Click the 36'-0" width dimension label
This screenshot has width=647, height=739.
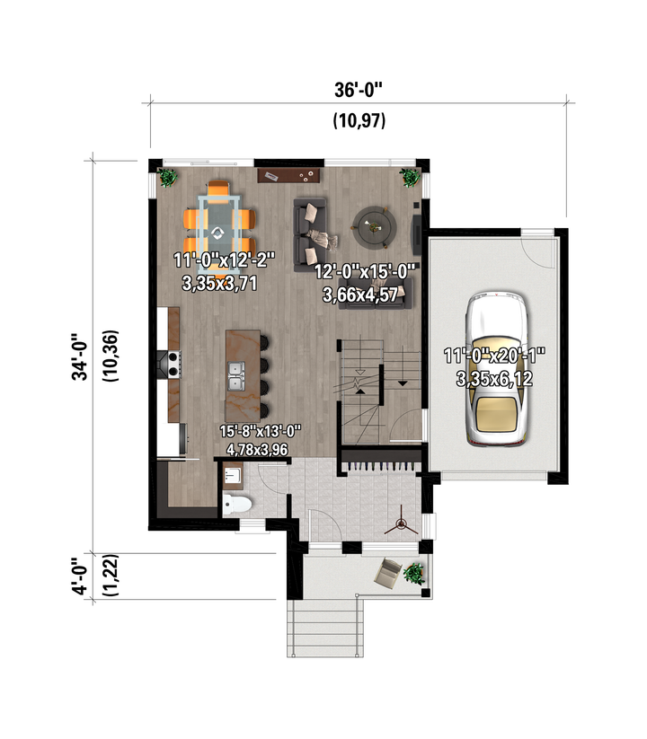[358, 89]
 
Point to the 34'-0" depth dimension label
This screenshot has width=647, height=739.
[80, 356]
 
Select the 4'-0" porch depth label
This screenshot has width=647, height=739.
[80, 576]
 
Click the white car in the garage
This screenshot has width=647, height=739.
[496, 368]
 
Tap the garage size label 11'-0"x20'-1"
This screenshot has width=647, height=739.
[494, 356]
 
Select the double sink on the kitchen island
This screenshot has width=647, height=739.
[236, 375]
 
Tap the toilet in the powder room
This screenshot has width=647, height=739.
[236, 504]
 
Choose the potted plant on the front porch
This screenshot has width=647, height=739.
[413, 574]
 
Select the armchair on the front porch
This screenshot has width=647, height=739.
[387, 573]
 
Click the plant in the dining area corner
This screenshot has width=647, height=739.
[167, 178]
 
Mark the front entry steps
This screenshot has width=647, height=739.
[325, 628]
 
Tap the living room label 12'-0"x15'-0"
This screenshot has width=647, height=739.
[365, 272]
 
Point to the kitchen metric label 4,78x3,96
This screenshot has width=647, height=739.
[257, 450]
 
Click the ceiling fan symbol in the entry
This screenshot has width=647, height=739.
[401, 523]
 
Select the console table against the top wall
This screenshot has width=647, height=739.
[288, 176]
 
